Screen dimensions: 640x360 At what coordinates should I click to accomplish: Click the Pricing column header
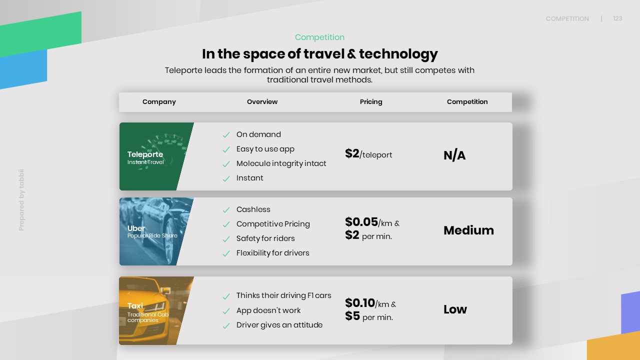(x=371, y=102)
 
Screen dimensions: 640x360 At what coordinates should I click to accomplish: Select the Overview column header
(x=262, y=101)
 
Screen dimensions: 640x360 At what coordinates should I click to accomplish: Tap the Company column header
(x=159, y=102)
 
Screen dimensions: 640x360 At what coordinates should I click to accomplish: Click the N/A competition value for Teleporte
(x=454, y=155)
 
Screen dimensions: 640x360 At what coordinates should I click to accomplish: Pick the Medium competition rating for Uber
(x=468, y=230)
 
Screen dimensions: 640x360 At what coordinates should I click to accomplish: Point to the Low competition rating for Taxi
(x=455, y=309)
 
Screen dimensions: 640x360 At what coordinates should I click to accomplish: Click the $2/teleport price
(x=368, y=154)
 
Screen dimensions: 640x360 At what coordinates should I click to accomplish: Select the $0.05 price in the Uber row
(x=361, y=222)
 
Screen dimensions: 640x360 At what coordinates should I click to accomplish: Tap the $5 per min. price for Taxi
(x=369, y=316)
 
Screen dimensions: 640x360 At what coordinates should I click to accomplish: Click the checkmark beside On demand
(x=226, y=135)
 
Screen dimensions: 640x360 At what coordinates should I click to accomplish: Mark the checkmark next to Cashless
(x=226, y=210)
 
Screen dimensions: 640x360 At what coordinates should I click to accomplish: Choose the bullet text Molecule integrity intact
(x=281, y=163)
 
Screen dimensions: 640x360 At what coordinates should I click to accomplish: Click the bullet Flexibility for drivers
(x=272, y=253)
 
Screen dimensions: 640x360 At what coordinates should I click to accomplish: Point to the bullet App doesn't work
(x=268, y=310)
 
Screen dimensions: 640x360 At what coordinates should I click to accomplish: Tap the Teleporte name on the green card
(x=145, y=154)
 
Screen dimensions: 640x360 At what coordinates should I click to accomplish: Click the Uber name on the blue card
(x=136, y=228)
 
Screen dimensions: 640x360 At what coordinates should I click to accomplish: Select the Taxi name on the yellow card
(x=135, y=306)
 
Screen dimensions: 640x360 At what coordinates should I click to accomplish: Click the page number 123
(x=617, y=18)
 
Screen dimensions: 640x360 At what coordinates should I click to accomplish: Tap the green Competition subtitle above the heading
(x=319, y=37)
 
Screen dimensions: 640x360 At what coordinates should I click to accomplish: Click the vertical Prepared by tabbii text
(x=21, y=200)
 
